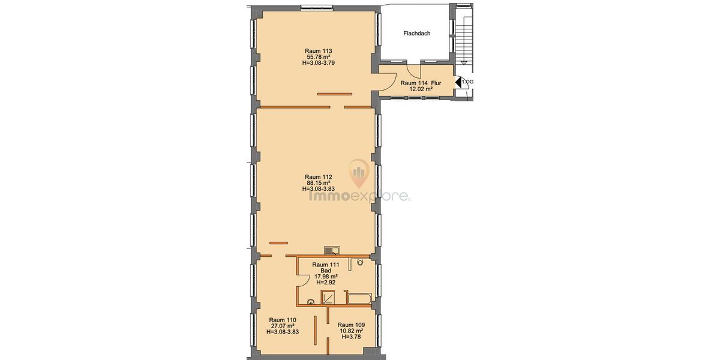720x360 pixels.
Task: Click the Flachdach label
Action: (x=416, y=34)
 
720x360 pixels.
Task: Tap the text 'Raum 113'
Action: (x=318, y=51)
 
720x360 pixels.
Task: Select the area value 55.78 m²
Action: (x=318, y=58)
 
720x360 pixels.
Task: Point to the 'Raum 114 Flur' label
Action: (x=421, y=83)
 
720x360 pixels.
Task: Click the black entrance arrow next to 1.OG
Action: (x=457, y=82)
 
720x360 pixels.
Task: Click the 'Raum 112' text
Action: (x=318, y=177)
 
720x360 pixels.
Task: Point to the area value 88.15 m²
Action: (x=318, y=183)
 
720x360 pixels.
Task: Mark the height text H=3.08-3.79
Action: (x=318, y=64)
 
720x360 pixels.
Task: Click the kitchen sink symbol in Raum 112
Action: (x=331, y=250)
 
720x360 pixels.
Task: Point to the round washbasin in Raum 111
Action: (x=311, y=302)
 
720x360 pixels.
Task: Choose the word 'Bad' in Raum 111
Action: (x=326, y=271)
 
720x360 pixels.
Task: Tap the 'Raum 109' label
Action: (x=350, y=325)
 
